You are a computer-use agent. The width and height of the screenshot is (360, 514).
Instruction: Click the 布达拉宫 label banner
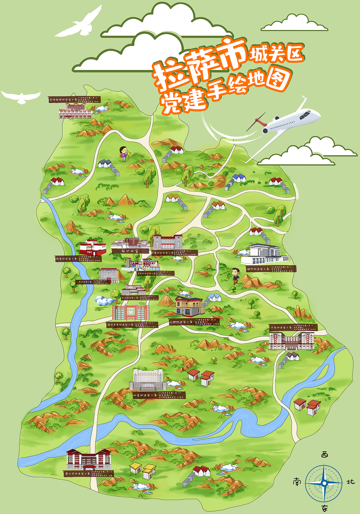coord(130,251)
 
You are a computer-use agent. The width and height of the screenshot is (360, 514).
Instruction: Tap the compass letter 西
coord(325,455)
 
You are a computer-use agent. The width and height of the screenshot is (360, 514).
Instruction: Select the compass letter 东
coord(325,508)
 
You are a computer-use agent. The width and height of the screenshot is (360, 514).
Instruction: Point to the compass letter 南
coord(297,482)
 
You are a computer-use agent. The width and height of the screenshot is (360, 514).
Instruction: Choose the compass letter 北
coord(350,482)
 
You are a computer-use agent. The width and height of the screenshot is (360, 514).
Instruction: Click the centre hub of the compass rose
coord(324,483)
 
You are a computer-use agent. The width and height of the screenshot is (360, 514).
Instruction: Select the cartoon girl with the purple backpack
coord(123,154)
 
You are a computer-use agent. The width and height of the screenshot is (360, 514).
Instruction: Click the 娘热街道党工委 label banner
coord(271,269)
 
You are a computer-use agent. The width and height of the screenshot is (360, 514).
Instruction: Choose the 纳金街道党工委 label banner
coord(159,395)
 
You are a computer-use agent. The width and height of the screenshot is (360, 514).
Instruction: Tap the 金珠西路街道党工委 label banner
coord(74,99)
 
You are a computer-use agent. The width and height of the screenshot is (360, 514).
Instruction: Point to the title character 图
coord(277,79)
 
